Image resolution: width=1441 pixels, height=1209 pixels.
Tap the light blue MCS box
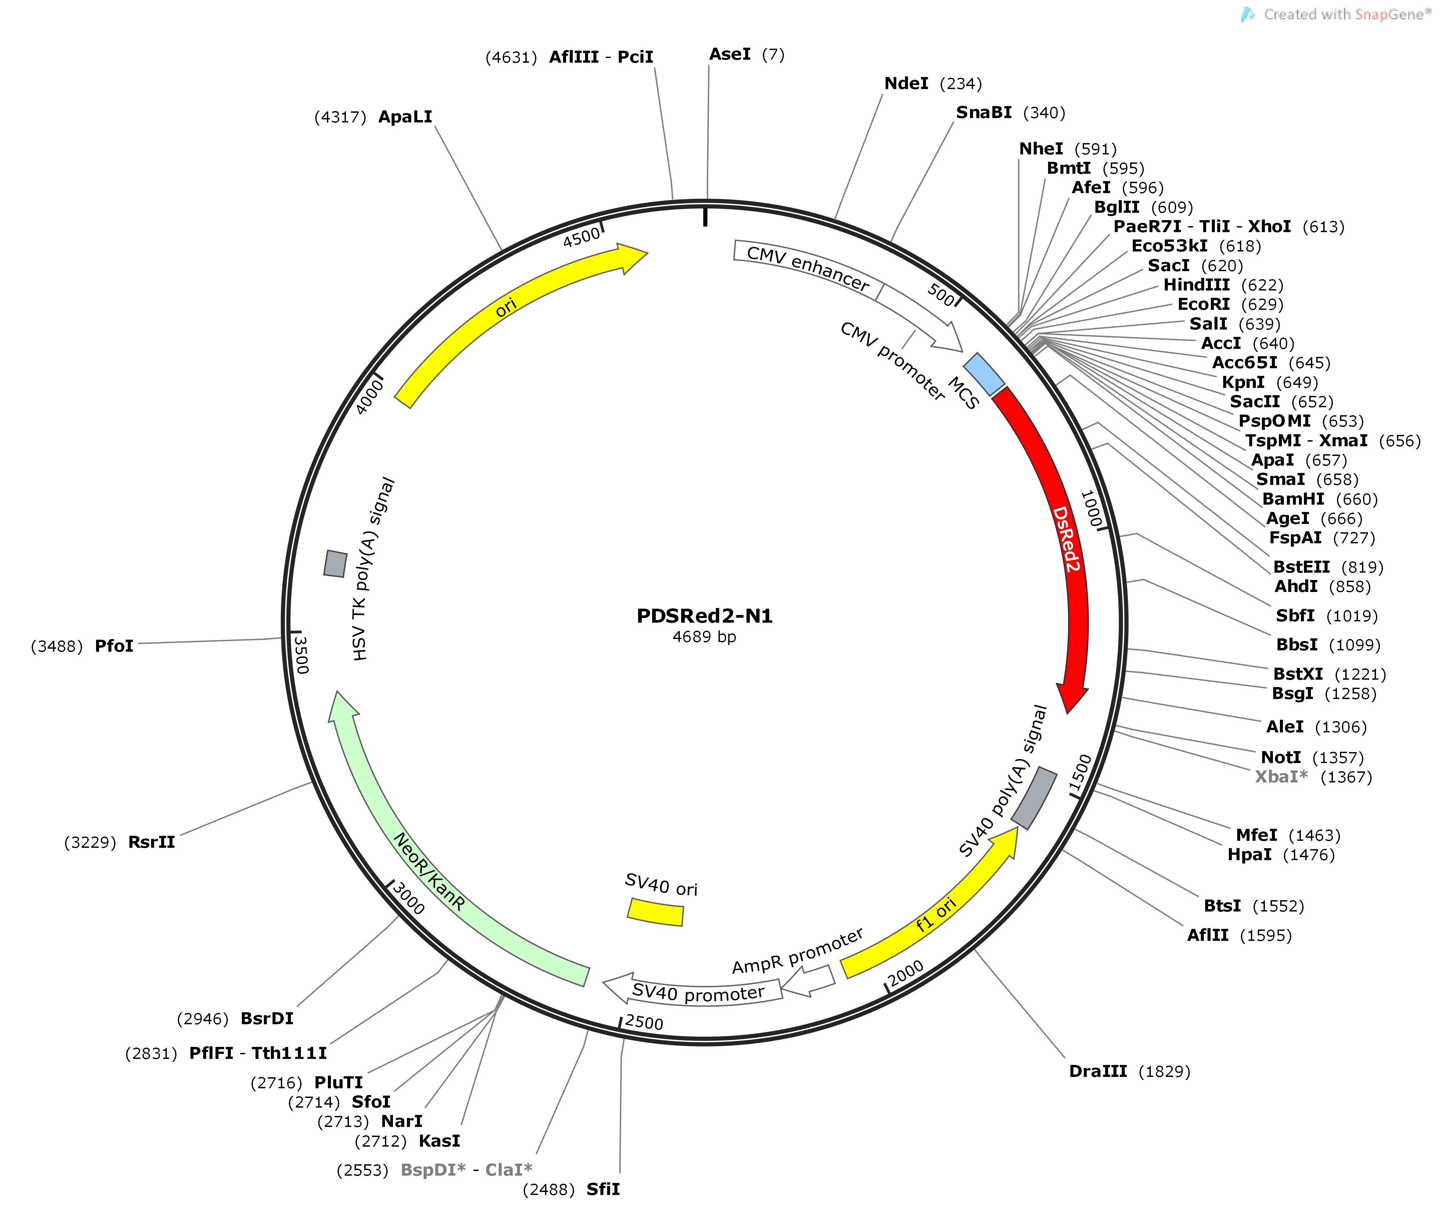984,374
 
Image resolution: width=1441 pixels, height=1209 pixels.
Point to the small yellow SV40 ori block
655,912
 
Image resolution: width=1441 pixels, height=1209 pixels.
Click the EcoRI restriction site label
1204,304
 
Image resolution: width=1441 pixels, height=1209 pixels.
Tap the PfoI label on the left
114,646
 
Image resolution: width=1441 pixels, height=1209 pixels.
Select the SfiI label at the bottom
603,1189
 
